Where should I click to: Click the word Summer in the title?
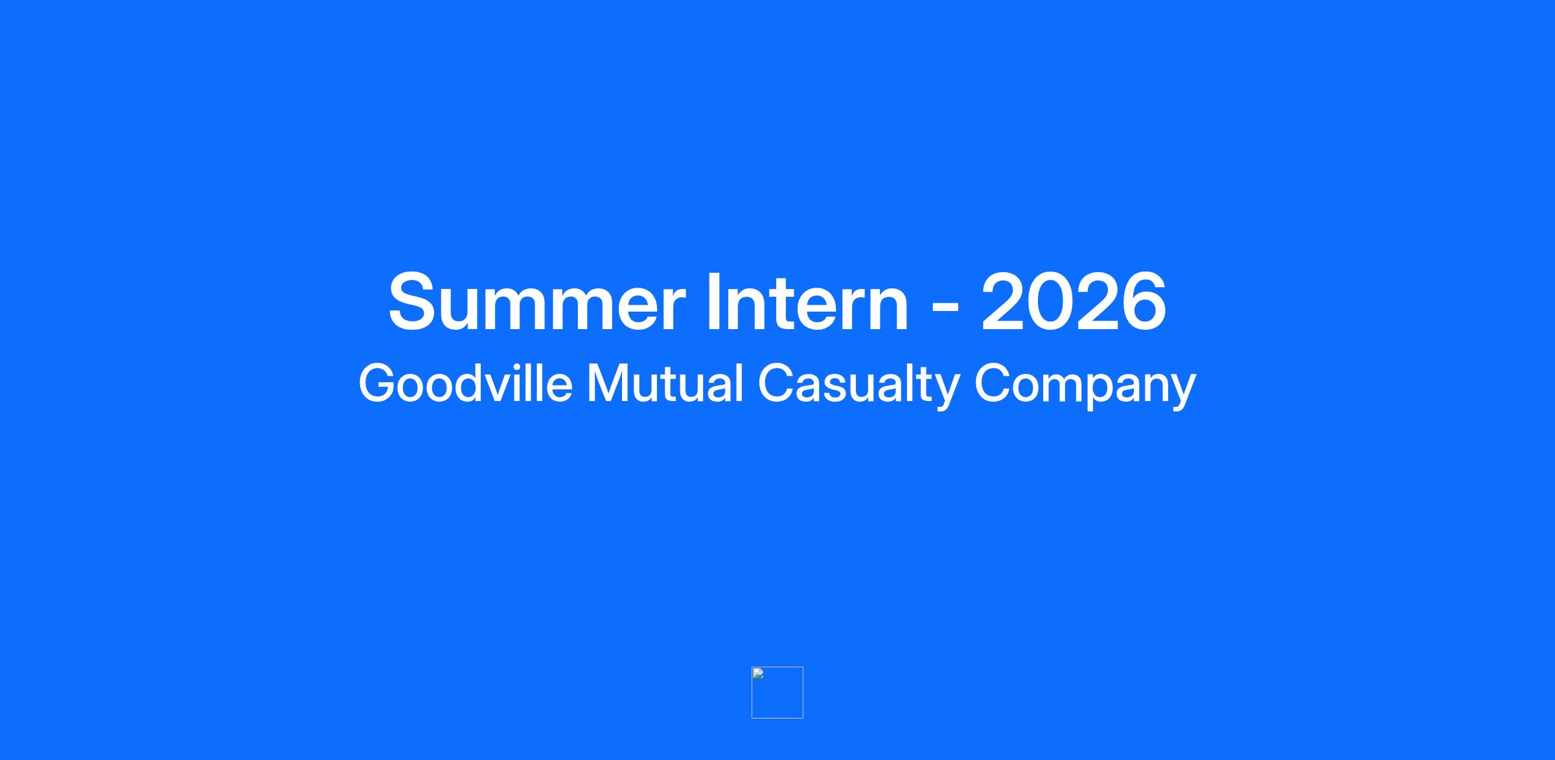tap(536, 302)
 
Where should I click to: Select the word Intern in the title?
tap(808, 302)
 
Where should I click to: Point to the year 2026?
tap(1074, 302)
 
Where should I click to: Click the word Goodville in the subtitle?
tap(466, 383)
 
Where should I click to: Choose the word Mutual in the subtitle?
tap(665, 383)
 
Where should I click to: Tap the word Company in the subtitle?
tap(1085, 386)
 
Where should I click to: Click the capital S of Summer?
tap(414, 302)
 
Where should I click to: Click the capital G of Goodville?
tap(378, 383)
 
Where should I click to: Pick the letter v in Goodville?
tap(504, 389)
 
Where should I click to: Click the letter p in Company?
tap(1094, 393)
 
